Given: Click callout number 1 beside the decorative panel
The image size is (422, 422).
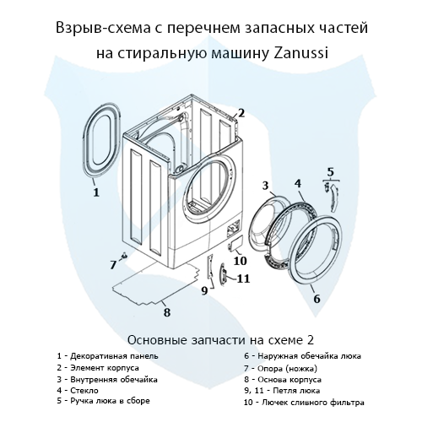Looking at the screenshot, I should coord(95,192).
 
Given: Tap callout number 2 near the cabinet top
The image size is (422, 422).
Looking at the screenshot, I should coord(241,112).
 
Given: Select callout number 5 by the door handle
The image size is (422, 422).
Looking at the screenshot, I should coord(331,171).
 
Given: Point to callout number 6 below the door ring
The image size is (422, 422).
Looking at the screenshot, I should coord(316,298).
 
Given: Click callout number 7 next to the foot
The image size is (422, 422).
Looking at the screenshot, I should coord(112,264).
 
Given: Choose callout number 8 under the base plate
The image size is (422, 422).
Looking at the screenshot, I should coord(167,312).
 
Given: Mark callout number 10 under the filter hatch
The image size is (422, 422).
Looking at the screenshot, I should coord(240,261).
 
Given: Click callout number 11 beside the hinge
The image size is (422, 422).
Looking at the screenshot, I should coord(242,279).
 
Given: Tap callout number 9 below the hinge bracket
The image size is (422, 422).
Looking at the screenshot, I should coord(203,291).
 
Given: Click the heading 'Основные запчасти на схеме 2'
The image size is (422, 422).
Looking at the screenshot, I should coord(211,339).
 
